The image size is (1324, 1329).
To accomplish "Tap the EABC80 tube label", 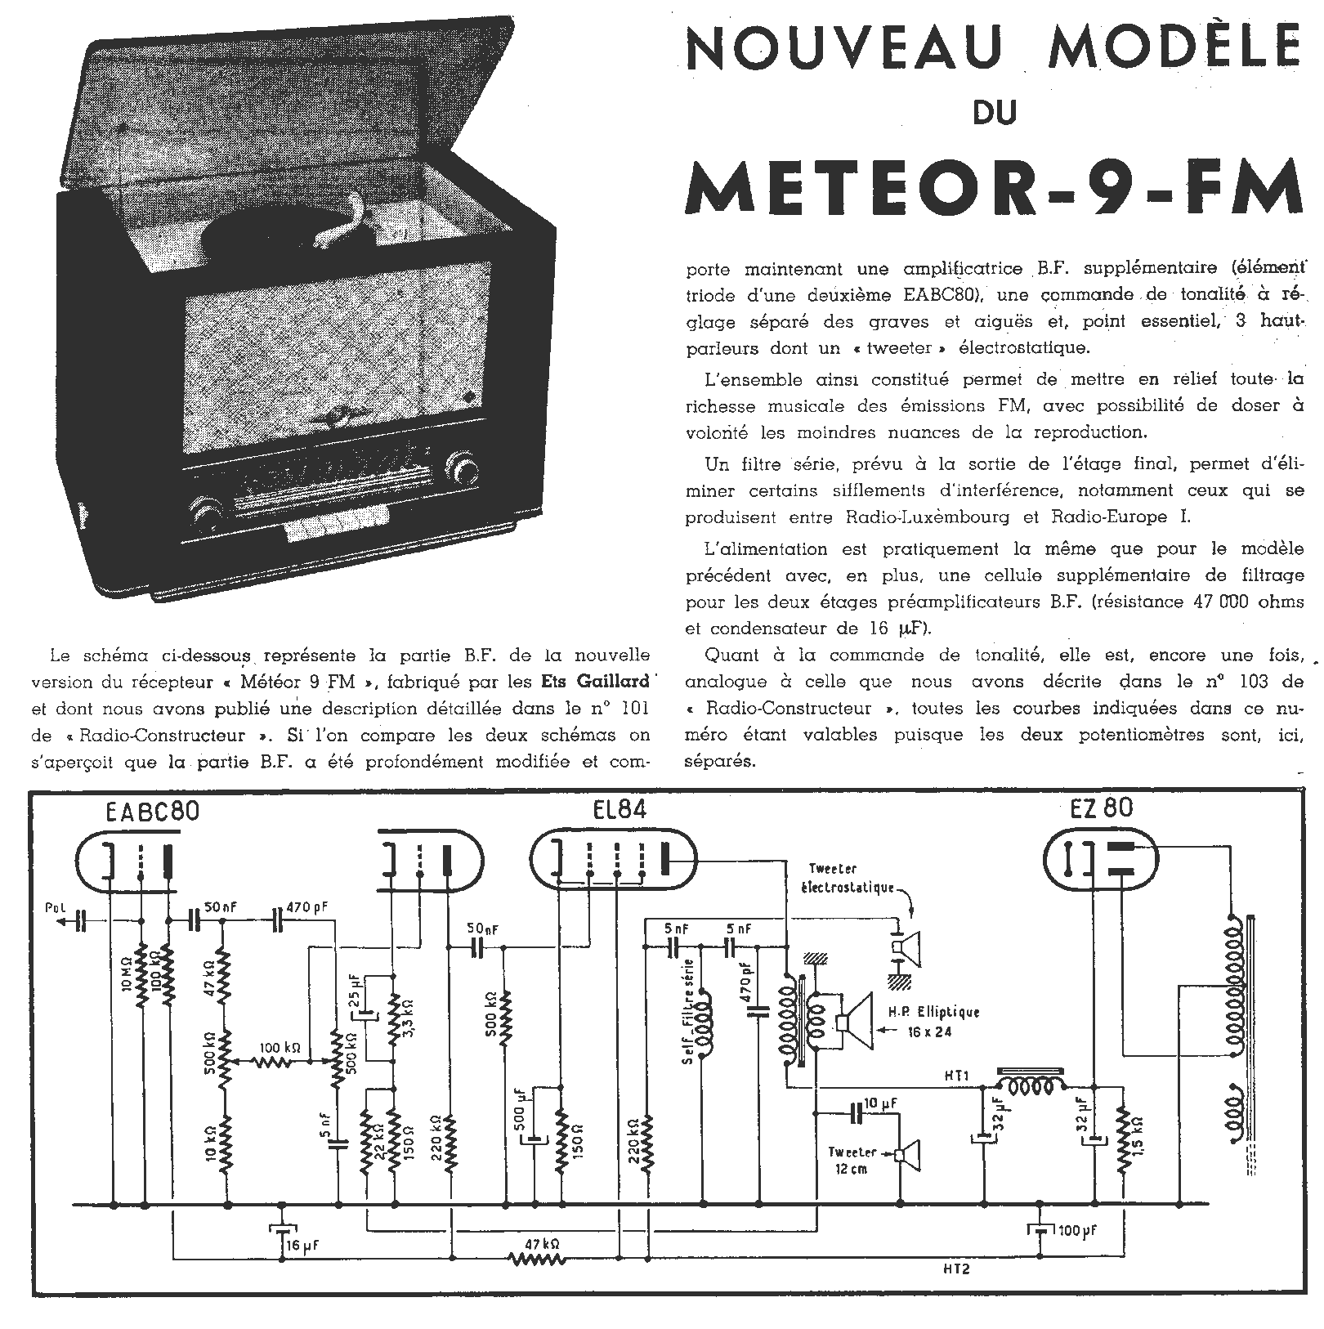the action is pyautogui.click(x=153, y=811).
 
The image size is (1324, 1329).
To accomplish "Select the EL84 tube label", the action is pyautogui.click(x=618, y=810).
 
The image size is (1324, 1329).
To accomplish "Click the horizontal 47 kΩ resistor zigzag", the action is pyautogui.click(x=539, y=1260).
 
